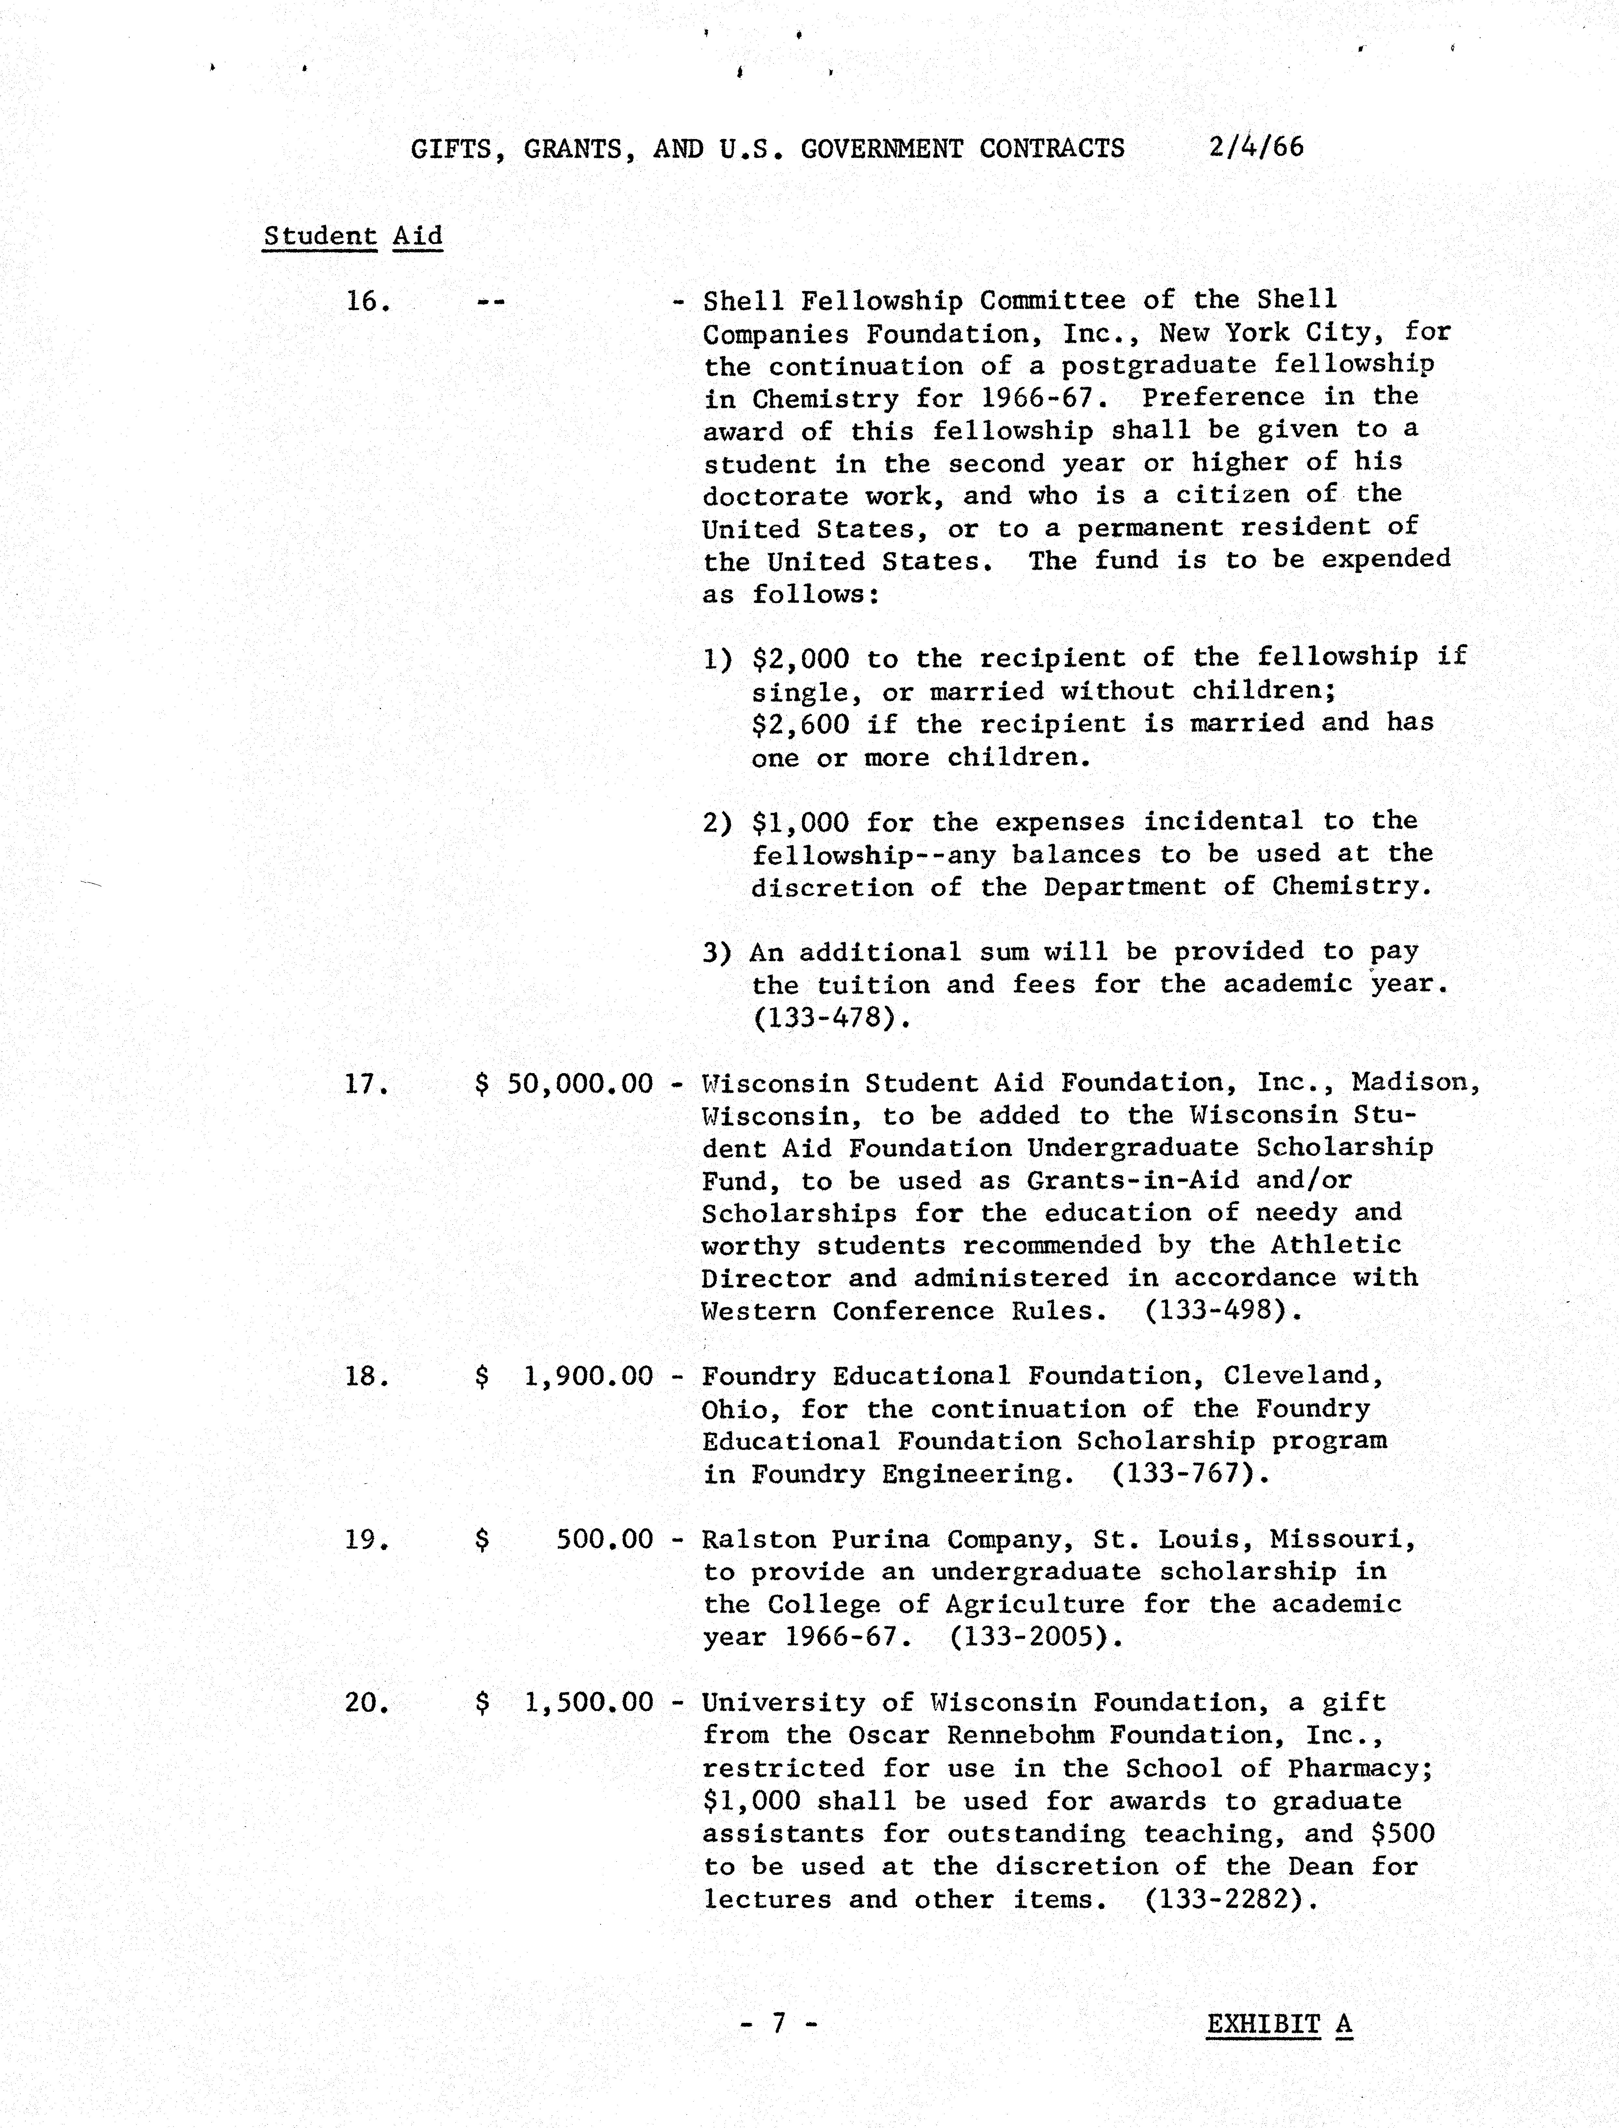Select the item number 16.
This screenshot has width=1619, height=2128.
pos(367,302)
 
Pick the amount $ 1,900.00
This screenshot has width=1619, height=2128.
pos(565,1377)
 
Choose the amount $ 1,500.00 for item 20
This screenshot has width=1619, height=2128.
pos(565,1703)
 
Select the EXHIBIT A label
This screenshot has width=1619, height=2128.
pos(1279,2024)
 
